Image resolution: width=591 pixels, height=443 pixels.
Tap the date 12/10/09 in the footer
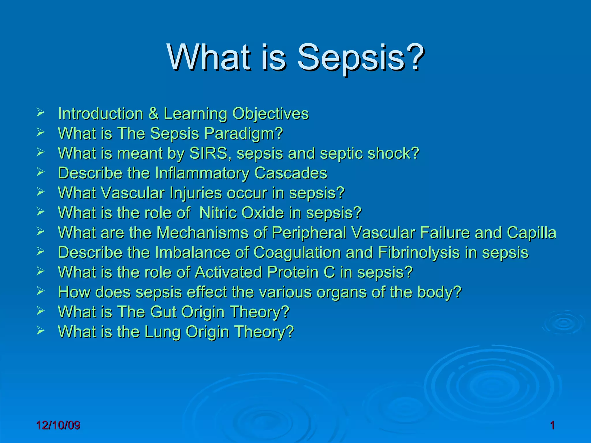[x=58, y=425]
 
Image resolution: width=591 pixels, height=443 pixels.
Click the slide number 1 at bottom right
[x=552, y=425]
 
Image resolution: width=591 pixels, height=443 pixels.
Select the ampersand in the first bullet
[x=154, y=113]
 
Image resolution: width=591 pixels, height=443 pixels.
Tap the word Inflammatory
[x=202, y=173]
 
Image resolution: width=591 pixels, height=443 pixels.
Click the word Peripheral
[x=309, y=233]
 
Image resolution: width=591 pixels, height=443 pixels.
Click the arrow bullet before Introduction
[x=40, y=112]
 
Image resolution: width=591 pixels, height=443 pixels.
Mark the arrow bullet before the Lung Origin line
[x=40, y=331]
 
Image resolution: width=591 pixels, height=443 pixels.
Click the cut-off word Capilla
[x=531, y=233]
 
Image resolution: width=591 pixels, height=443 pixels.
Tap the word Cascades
[x=291, y=173]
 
